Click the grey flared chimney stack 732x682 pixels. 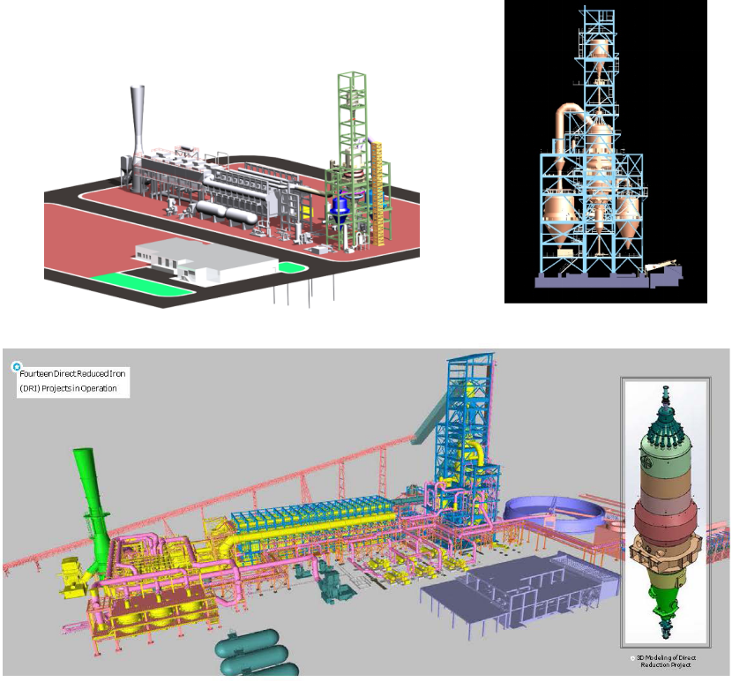click(137, 136)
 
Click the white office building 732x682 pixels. click(205, 261)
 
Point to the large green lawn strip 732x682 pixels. click(140, 284)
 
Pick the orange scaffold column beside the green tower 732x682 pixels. click(377, 194)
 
